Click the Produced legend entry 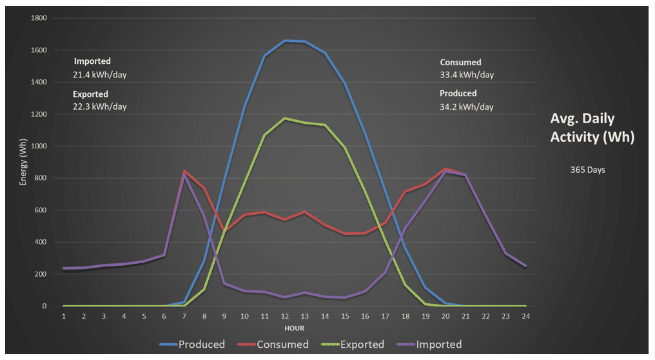coord(193,345)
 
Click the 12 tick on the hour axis coord(284,317)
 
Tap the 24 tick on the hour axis coord(526,317)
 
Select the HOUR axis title coord(295,328)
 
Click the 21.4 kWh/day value coord(100,75)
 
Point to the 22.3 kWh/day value coord(100,106)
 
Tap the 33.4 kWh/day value coord(467,75)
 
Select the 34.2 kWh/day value coord(467,106)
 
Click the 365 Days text coord(587,170)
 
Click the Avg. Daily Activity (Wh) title coord(592,128)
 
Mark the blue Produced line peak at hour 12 coord(285,41)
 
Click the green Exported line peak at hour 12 coord(284,118)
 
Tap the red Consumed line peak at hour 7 coord(184,171)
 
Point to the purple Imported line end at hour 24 coord(526,266)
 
